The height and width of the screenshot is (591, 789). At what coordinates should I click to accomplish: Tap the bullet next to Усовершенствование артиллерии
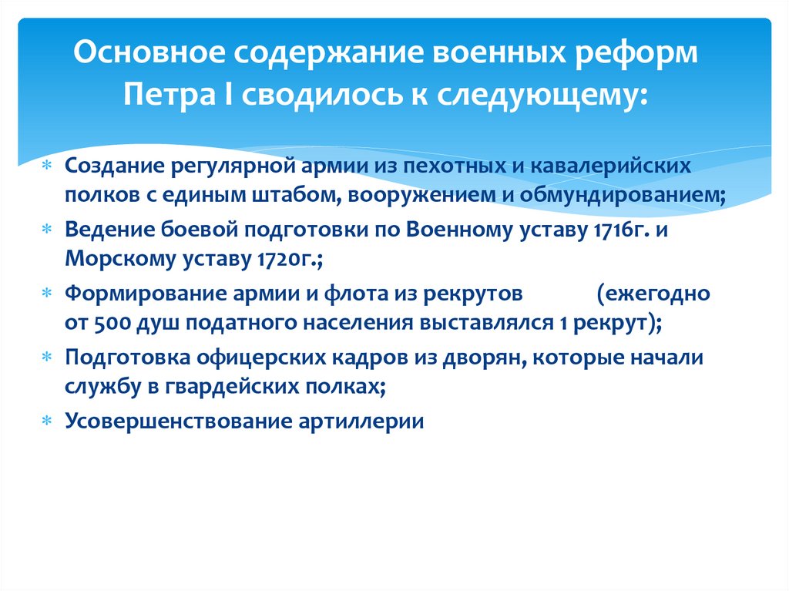[x=47, y=423]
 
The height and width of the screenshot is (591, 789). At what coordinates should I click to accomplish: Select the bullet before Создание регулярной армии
[x=47, y=167]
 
